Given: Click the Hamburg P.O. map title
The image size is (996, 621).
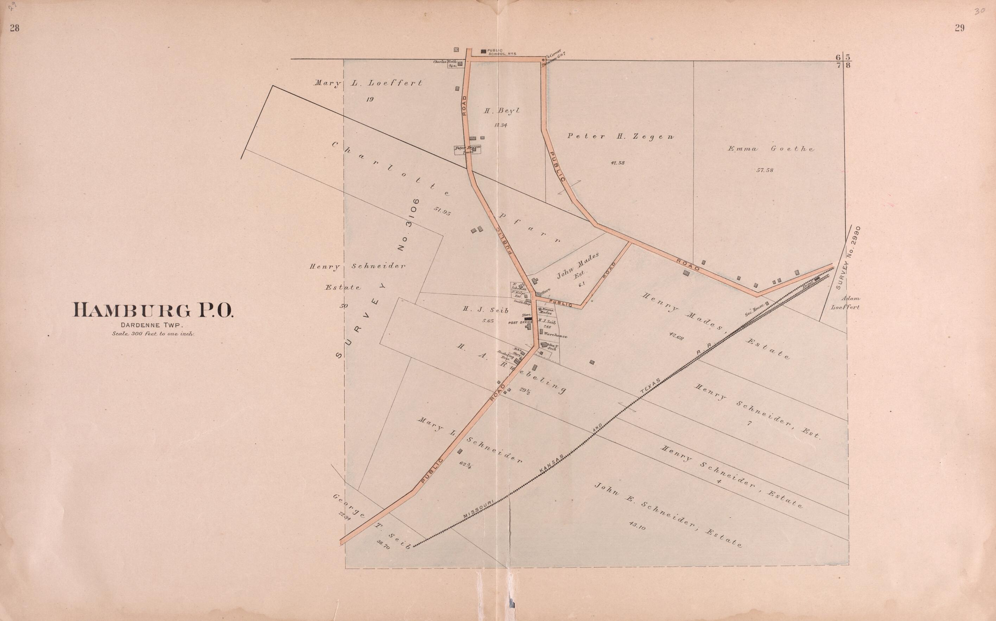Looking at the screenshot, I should click(153, 310).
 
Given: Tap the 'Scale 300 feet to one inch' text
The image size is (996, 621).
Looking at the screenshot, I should click(153, 334).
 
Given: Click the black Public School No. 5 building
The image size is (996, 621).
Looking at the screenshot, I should click(483, 51).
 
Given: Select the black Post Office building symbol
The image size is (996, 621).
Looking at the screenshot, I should click(528, 318).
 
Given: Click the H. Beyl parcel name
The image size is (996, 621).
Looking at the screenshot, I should click(497, 110).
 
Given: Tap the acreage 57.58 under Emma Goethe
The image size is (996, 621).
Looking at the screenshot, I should click(765, 170).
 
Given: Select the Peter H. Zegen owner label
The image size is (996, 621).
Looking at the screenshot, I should click(620, 137).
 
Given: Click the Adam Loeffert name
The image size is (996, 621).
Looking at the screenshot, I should click(845, 303).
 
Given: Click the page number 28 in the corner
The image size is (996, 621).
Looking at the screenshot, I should click(15, 28).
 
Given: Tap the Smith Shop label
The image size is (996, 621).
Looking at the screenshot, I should click(520, 300).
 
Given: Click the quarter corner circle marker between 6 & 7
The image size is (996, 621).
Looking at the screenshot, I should click(543, 60).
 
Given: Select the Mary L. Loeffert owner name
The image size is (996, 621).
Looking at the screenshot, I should click(368, 83).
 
